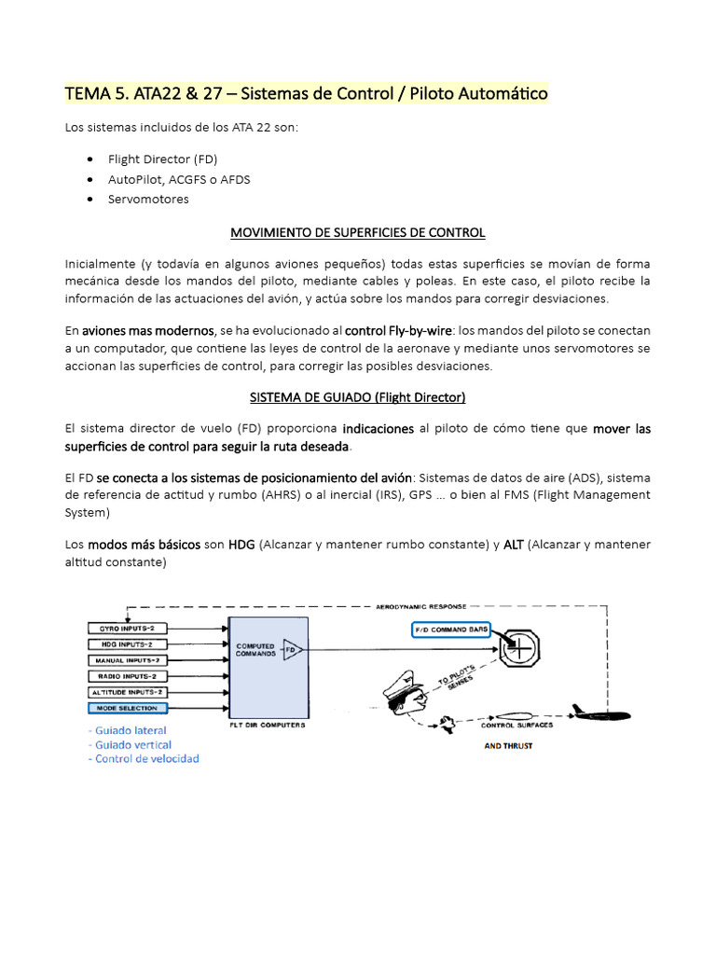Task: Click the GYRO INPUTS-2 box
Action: tap(128, 628)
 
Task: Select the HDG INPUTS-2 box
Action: tap(128, 644)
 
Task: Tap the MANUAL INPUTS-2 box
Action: tap(128, 659)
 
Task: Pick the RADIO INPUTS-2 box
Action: tap(128, 675)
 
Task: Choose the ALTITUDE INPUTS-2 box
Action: tap(128, 691)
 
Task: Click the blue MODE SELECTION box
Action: tap(128, 708)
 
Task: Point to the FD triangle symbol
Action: tap(292, 649)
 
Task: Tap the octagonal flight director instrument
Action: tap(519, 646)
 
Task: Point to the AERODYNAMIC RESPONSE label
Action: tap(420, 606)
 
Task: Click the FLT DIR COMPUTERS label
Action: tap(268, 724)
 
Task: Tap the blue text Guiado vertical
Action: tap(132, 744)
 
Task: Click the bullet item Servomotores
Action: tap(148, 199)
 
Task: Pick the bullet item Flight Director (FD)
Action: tap(162, 159)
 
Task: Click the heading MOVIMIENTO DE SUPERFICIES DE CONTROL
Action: tap(358, 232)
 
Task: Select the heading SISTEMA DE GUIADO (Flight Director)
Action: tap(358, 397)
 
